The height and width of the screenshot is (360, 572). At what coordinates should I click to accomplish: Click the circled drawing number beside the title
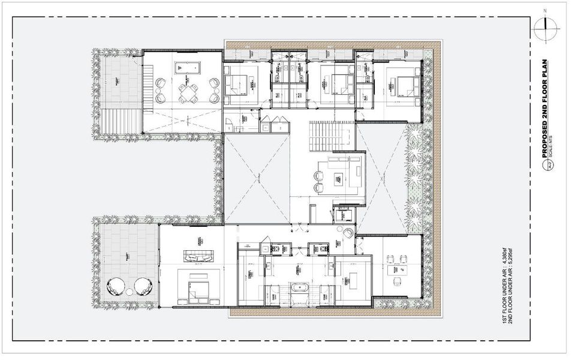546,167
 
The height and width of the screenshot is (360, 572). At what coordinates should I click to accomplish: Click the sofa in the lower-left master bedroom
198,258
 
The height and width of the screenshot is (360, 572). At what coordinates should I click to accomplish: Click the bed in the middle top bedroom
335,85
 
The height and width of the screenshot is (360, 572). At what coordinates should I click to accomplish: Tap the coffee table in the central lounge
338,177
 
